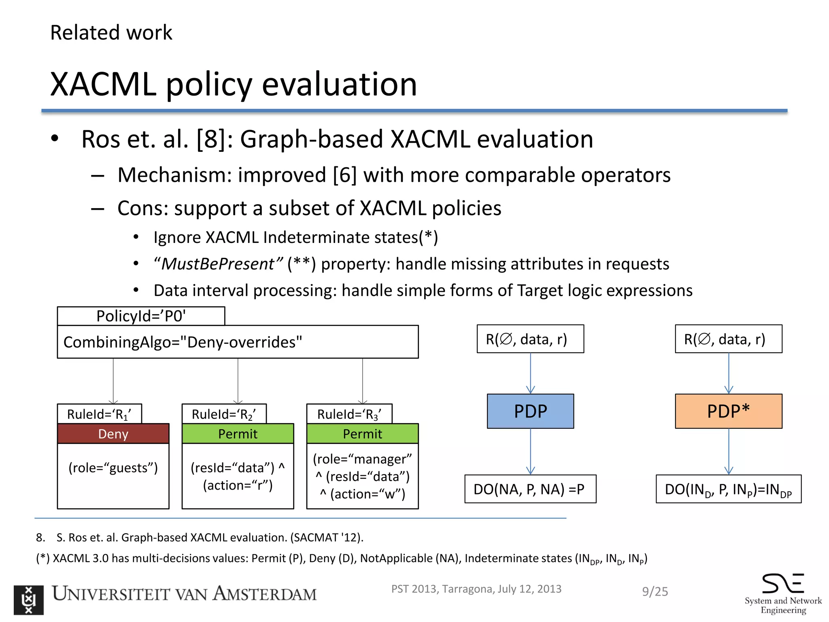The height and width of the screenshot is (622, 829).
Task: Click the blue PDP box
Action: click(530, 411)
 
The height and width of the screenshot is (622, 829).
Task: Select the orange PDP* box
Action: click(728, 411)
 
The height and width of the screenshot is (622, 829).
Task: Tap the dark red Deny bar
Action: click(113, 434)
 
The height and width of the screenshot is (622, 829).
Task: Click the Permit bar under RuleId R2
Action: click(238, 434)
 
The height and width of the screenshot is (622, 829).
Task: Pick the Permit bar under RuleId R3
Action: click(362, 434)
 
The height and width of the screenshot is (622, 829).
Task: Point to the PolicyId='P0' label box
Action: click(141, 316)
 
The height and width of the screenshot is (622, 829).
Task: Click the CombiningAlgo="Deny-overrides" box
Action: click(238, 342)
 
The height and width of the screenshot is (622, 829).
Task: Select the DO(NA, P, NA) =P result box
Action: click(530, 489)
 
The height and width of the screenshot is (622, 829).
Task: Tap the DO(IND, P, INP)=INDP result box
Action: click(728, 489)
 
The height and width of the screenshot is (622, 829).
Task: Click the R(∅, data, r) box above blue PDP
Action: click(530, 339)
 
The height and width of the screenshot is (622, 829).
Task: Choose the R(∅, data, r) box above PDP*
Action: click(728, 339)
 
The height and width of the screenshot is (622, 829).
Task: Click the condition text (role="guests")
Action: click(113, 468)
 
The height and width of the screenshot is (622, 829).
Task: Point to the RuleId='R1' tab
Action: click(99, 414)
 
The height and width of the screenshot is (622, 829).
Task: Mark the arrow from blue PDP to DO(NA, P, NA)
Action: click(530, 452)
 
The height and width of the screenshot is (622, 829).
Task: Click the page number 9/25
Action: click(655, 592)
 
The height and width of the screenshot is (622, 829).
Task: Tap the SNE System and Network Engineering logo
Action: click(783, 593)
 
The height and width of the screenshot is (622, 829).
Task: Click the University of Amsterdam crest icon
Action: click(28, 600)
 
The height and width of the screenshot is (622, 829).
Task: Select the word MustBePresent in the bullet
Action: click(218, 264)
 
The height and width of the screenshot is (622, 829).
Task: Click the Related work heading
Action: click(111, 32)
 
